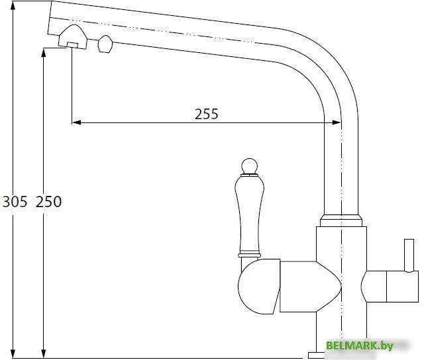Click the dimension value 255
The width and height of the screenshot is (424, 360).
coord(206,114)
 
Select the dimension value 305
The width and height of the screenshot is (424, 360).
coord(15,202)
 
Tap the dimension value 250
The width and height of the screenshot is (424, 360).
coord(48,202)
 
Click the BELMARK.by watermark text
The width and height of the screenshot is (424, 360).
coord(359,345)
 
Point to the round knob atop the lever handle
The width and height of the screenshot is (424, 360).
coord(249,166)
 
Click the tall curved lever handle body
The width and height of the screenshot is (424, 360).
coord(249,213)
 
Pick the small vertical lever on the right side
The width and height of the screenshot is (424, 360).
coord(409,255)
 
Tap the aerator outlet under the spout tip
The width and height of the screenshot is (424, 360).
coord(72,45)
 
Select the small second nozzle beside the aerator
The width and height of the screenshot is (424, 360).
coord(105,44)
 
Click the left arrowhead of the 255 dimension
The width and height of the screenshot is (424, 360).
coord(77,122)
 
